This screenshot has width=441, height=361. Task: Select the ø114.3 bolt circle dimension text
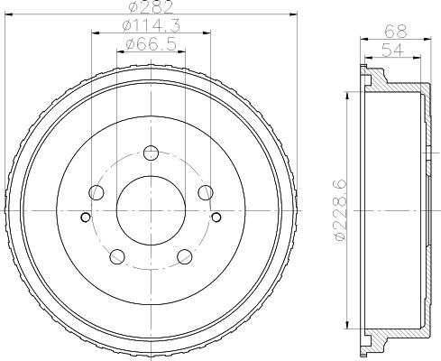(x=151, y=26)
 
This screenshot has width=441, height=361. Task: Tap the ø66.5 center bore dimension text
(x=151, y=43)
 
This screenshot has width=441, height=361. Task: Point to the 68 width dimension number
(x=394, y=29)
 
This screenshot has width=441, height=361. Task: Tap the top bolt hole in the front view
(x=151, y=152)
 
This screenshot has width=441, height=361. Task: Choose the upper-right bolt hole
(x=206, y=191)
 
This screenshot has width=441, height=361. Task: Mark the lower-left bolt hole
(x=117, y=255)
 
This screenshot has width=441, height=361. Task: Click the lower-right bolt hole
(x=185, y=255)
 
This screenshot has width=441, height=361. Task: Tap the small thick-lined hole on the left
(x=85, y=217)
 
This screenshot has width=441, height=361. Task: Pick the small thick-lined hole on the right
(x=216, y=217)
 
